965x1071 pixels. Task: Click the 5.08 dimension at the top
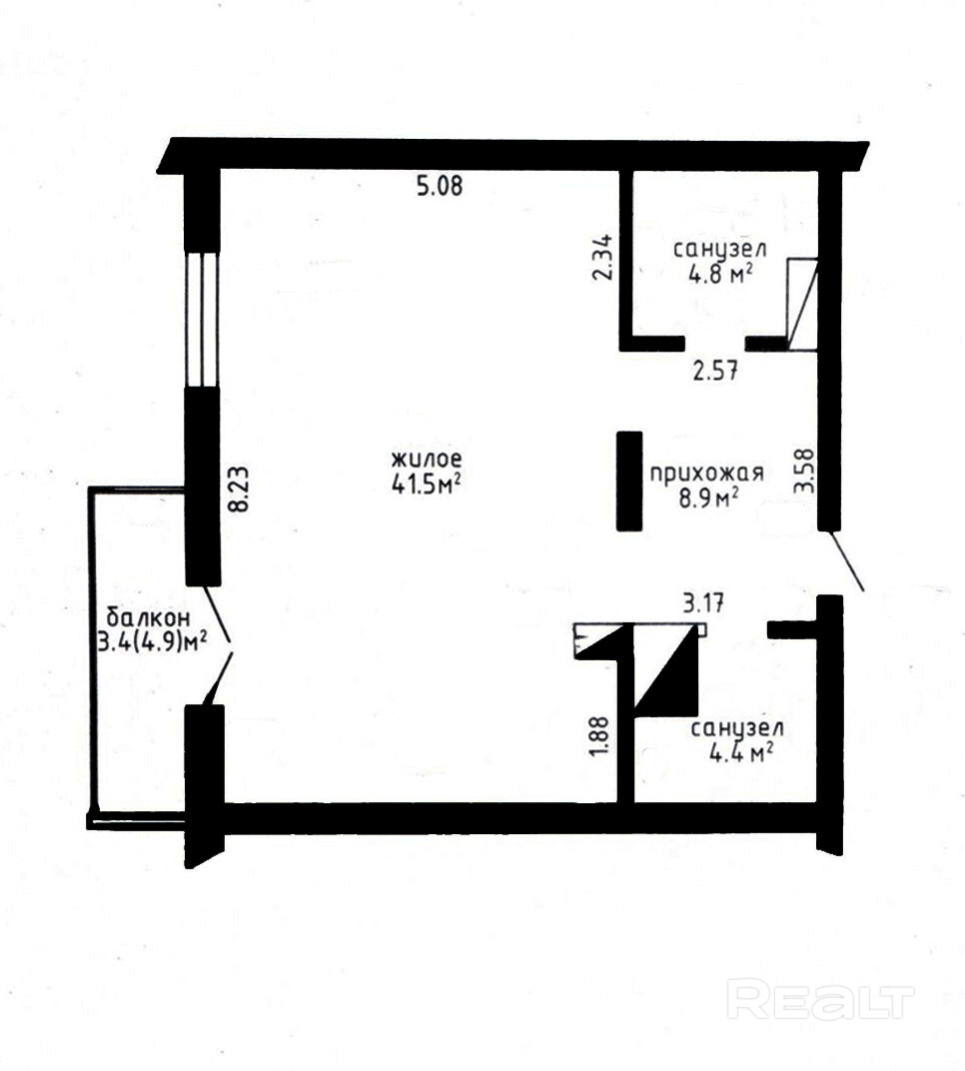440,186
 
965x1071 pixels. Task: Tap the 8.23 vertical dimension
239,490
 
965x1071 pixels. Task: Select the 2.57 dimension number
715,372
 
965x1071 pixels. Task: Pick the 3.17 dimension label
703,603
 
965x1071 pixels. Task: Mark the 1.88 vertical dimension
599,736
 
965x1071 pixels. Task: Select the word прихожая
706,474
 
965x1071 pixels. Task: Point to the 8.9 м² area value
708,498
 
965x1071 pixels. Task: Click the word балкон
148,618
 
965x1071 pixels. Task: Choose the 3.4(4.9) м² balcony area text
152,642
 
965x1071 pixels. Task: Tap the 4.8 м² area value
720,274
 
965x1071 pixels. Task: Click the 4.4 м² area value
741,753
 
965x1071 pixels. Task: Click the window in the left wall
202,319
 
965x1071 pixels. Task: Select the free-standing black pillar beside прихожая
629,481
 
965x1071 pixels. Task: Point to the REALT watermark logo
820,999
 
